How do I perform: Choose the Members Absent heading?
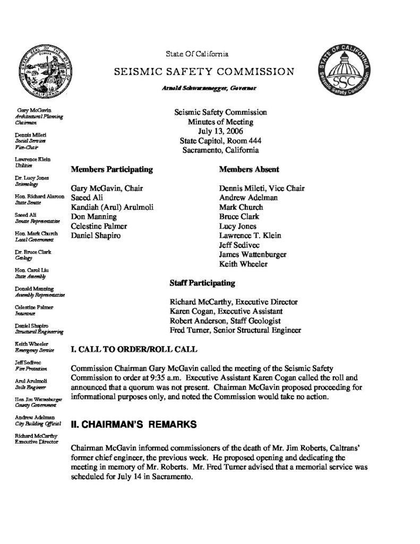[x=249, y=169]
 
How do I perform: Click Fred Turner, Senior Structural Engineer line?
[x=235, y=330]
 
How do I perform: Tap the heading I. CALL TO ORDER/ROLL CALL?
[x=134, y=350]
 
